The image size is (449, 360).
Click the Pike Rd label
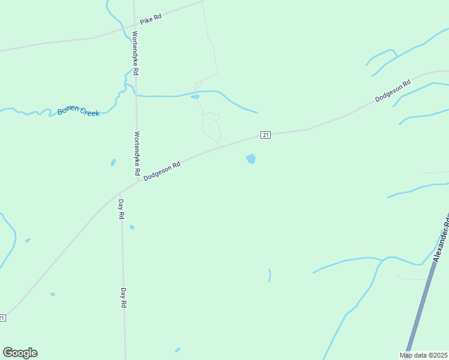(151, 19)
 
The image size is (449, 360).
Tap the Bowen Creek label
(79, 111)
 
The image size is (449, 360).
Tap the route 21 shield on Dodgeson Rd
(265, 135)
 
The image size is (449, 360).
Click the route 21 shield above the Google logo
(2, 317)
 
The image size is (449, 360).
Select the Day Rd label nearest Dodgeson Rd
(121, 208)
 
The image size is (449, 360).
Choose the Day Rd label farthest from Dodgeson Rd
(124, 297)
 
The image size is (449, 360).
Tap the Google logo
(20, 353)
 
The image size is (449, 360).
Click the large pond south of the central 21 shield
(250, 158)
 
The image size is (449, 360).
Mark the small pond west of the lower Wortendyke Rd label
(113, 162)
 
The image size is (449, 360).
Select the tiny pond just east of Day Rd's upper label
(132, 227)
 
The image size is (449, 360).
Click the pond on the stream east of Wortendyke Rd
(194, 97)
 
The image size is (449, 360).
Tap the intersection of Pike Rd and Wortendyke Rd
(133, 26)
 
